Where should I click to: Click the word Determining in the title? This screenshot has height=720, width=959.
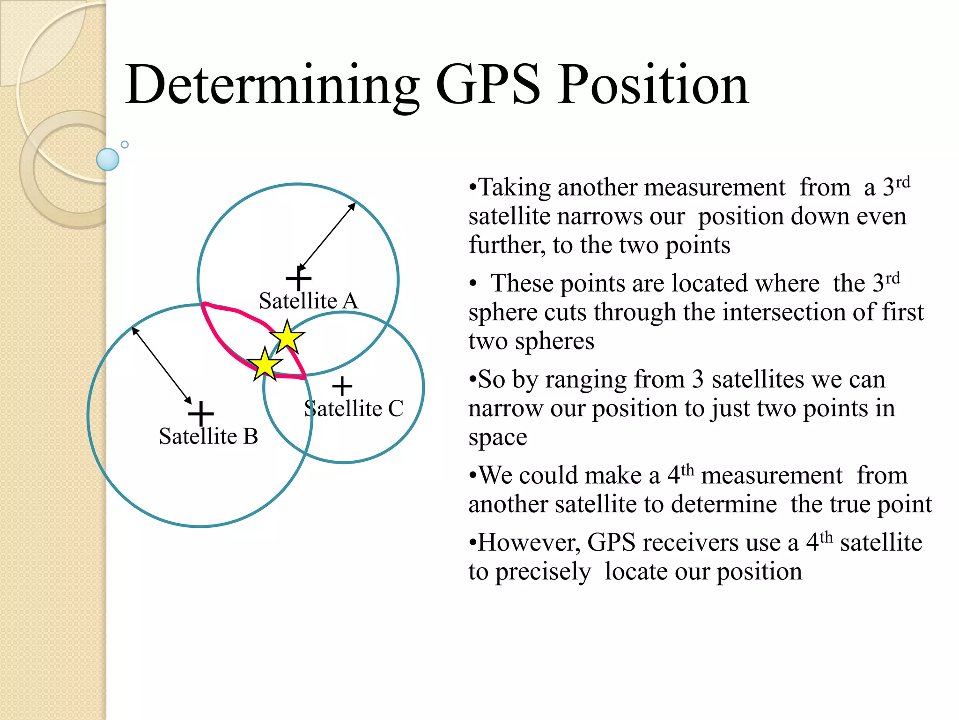point(272,85)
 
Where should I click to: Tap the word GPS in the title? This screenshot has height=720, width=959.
point(488,85)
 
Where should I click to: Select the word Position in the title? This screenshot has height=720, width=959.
point(654,85)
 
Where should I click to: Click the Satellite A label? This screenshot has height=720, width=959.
point(309,301)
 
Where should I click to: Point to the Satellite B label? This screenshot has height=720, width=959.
point(208,436)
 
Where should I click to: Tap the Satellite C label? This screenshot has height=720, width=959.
point(354,408)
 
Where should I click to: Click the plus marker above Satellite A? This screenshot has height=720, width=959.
point(298,279)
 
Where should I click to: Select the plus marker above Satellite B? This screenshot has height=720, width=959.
point(201,413)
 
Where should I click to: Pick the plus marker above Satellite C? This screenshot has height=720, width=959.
point(342,387)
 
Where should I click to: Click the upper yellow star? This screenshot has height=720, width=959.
point(287,337)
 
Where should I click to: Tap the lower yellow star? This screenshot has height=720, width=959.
point(265,364)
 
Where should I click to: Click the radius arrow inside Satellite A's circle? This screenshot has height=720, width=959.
point(327,236)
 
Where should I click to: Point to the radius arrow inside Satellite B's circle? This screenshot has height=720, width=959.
point(162,365)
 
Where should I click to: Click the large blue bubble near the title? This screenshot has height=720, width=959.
point(108,159)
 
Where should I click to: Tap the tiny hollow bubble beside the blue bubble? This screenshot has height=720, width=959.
point(125,144)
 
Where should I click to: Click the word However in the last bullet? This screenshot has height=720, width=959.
point(529,543)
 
